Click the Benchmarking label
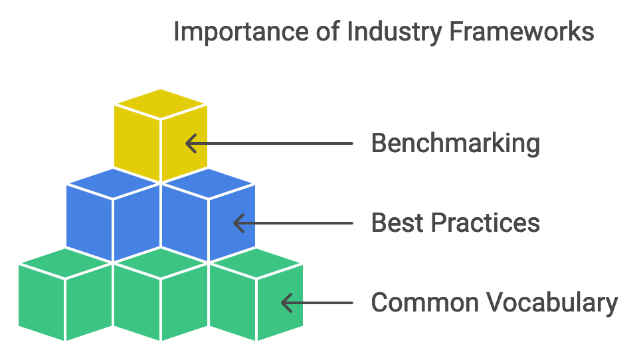[x=455, y=143]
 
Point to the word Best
[x=393, y=223]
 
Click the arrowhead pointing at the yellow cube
[x=190, y=143]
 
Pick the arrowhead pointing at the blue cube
[x=238, y=223]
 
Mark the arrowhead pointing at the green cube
[x=286, y=303]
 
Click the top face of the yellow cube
[x=160, y=104]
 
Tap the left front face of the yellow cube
[x=137, y=143]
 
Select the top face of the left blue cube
[x=113, y=184]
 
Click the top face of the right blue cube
[x=208, y=184]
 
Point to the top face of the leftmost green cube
[x=65, y=264]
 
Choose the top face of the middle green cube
[x=161, y=264]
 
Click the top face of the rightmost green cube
[x=256, y=264]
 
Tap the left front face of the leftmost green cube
[x=41, y=303]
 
